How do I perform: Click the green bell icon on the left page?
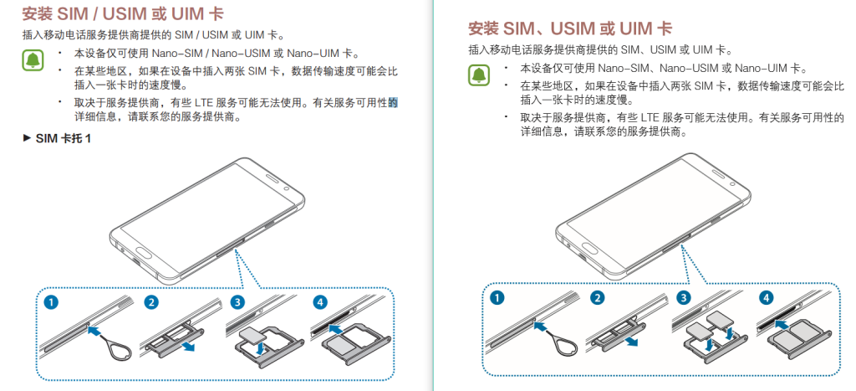33,59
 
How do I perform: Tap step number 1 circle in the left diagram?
52,303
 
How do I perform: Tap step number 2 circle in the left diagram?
150,303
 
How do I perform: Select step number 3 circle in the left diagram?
237,303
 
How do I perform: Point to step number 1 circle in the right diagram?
498,297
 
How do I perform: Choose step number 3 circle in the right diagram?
684,297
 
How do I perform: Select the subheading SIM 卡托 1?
62,138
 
